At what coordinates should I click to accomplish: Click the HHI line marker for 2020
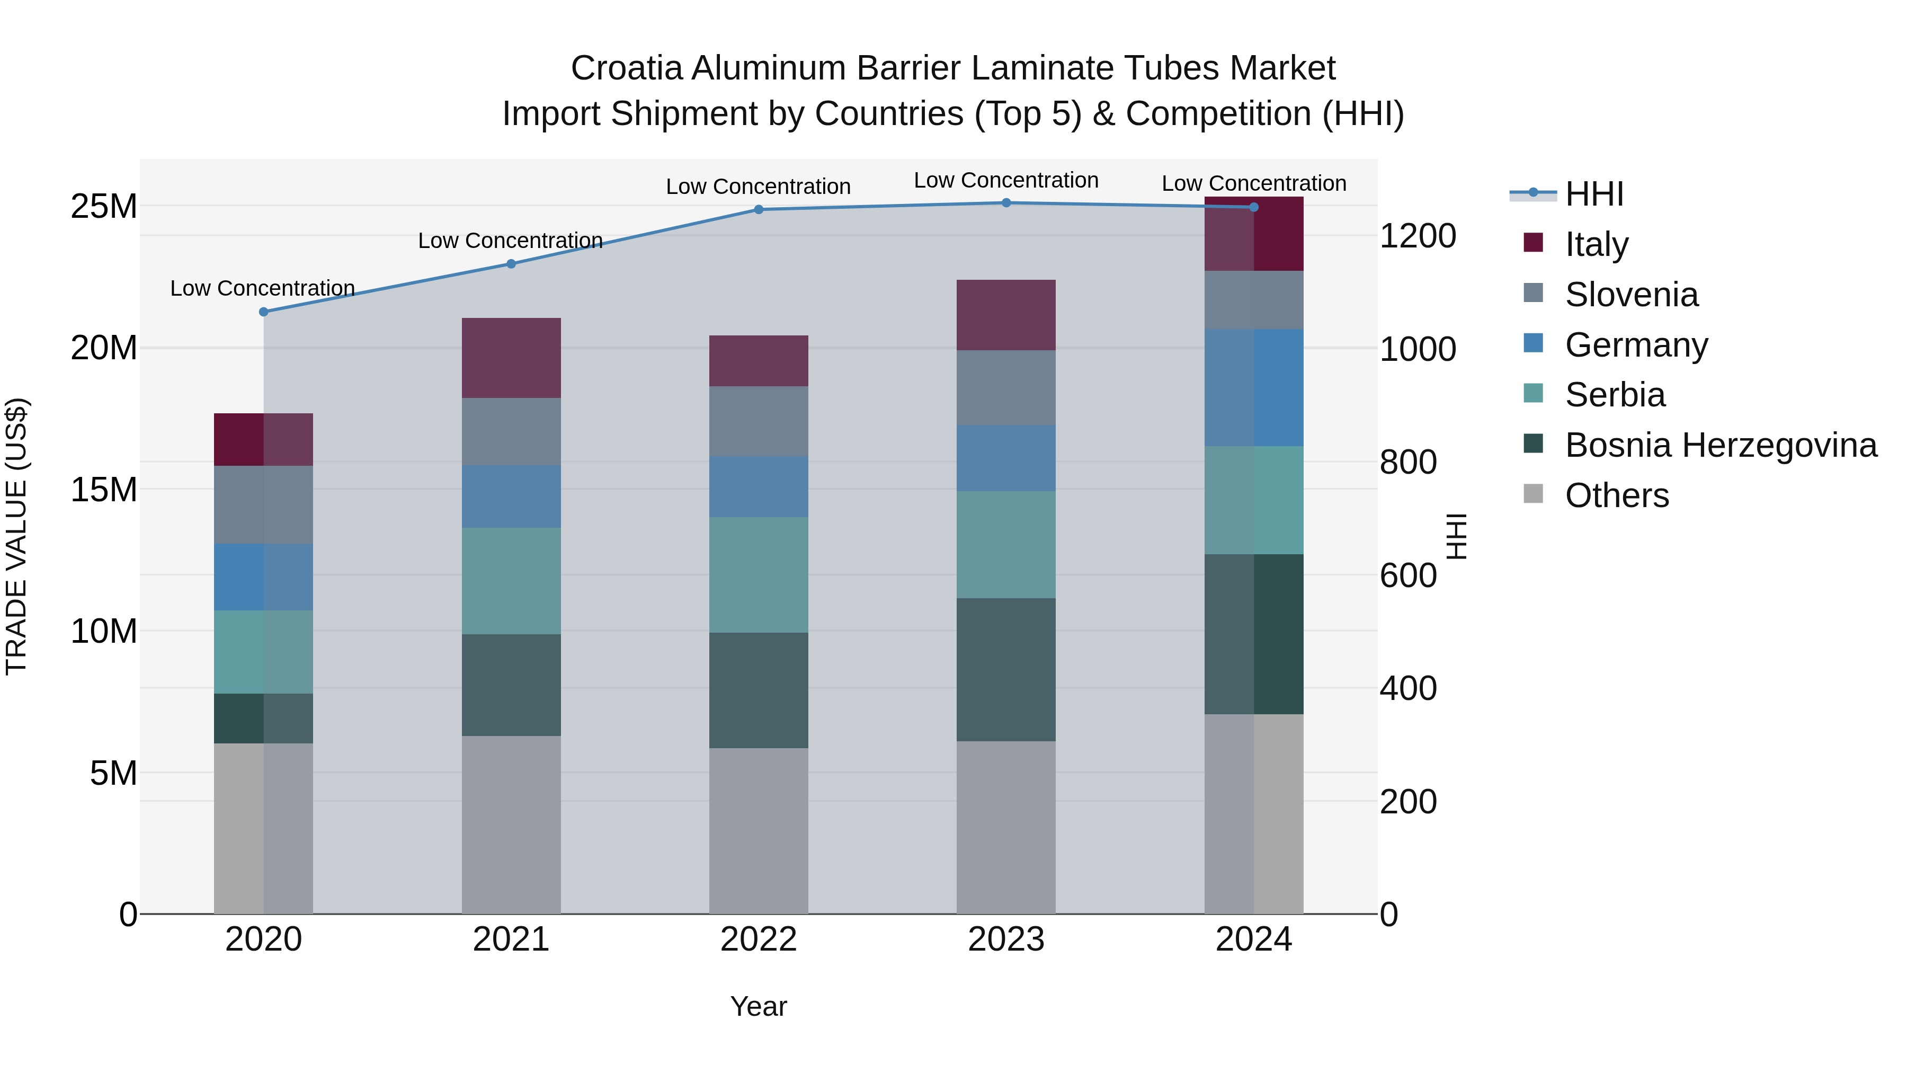pyautogui.click(x=264, y=312)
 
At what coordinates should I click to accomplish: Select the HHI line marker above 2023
pyautogui.click(x=1006, y=203)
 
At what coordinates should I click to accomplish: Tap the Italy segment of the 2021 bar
pyautogui.click(x=511, y=358)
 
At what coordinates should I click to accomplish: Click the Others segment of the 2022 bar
pyautogui.click(x=758, y=830)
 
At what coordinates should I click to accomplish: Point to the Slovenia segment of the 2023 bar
pyautogui.click(x=1006, y=387)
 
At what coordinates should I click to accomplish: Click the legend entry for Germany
pyautogui.click(x=1636, y=345)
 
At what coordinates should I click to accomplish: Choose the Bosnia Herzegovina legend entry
pyautogui.click(x=1721, y=445)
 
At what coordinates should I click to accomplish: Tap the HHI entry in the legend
pyautogui.click(x=1594, y=194)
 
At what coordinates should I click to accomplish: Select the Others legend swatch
pyautogui.click(x=1533, y=494)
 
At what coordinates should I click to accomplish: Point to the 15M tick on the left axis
pyautogui.click(x=104, y=490)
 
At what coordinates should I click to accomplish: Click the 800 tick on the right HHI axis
pyautogui.click(x=1408, y=462)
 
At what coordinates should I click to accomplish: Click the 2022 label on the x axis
pyautogui.click(x=758, y=939)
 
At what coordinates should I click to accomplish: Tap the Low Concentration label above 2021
pyautogui.click(x=510, y=241)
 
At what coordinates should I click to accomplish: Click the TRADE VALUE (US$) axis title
pyautogui.click(x=16, y=536)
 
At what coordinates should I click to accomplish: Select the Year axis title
pyautogui.click(x=758, y=1006)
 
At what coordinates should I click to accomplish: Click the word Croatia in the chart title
pyautogui.click(x=626, y=68)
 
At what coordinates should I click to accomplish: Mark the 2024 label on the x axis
pyautogui.click(x=1253, y=939)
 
